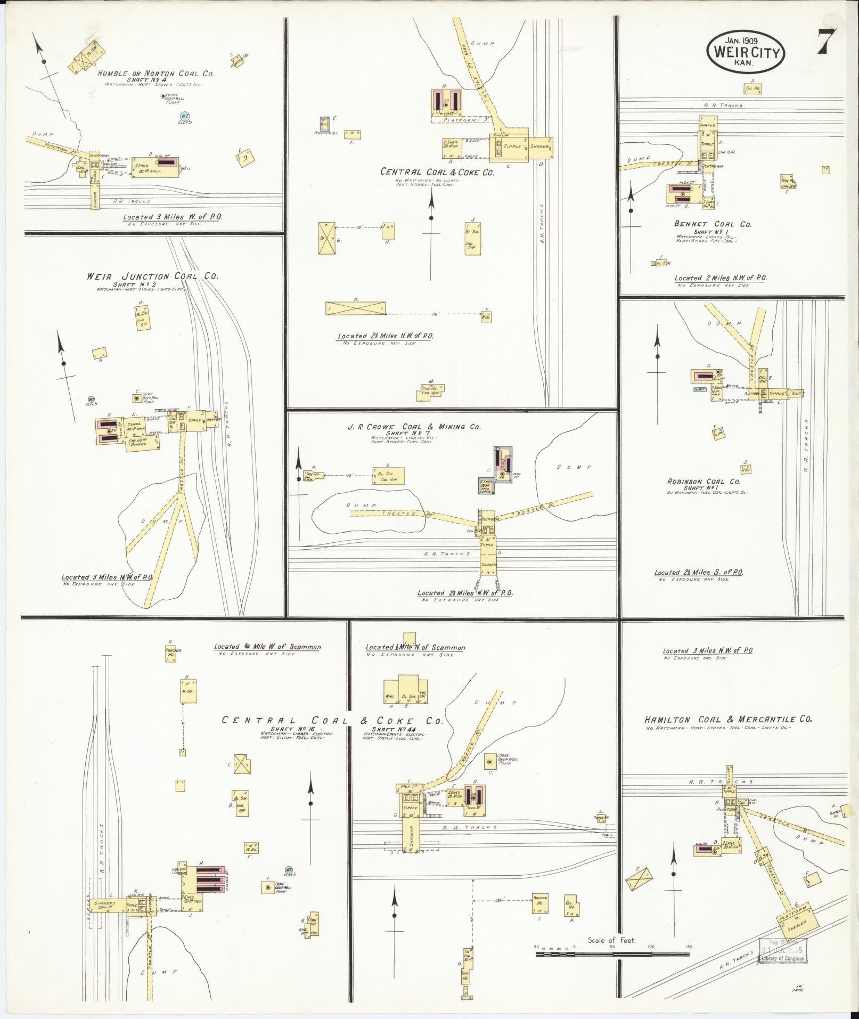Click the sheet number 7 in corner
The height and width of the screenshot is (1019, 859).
pos(827,41)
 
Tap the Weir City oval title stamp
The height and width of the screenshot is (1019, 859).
pos(746,52)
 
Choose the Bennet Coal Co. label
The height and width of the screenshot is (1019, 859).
pos(713,224)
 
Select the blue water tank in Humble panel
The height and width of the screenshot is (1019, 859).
pos(185,117)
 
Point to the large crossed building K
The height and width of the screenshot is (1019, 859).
pos(356,308)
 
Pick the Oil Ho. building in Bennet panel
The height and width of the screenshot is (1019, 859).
pos(752,88)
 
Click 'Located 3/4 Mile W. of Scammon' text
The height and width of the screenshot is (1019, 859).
pos(267,647)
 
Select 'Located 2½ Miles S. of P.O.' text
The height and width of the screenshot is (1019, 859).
pos(699,573)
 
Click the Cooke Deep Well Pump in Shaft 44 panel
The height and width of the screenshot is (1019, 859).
pos(488,762)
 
